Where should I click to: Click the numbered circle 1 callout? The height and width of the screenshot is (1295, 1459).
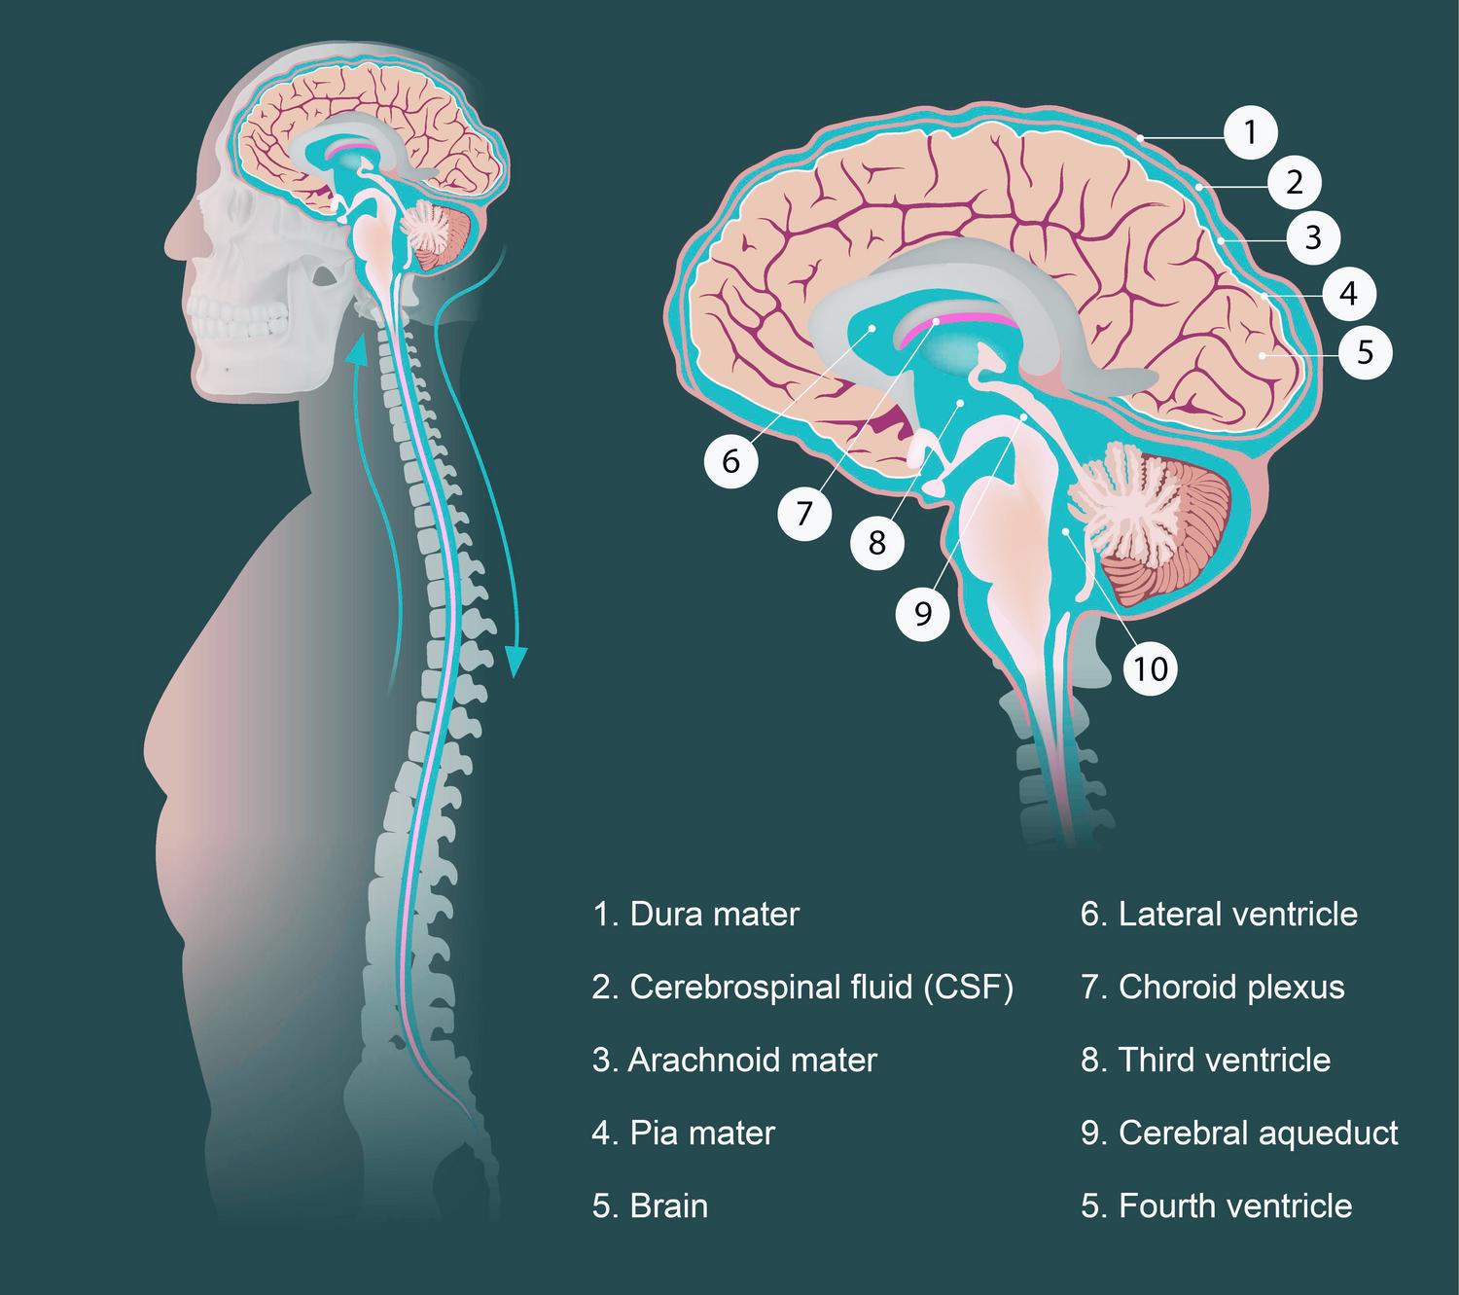[x=1251, y=130]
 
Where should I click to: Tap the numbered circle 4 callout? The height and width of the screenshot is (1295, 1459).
[x=1348, y=293]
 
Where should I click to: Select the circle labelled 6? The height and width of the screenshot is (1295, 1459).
[x=731, y=460]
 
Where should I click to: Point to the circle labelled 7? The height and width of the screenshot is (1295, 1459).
[x=804, y=512]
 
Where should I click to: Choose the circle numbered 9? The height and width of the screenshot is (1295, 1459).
[x=923, y=613]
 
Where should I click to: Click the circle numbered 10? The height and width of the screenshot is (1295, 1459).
[x=1151, y=668]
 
